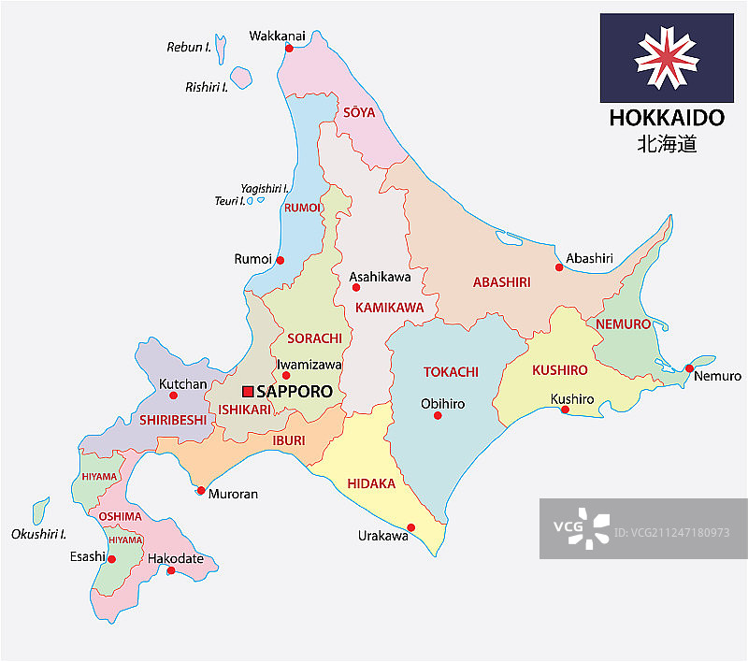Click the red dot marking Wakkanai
point(289,48)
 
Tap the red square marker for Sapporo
point(248,391)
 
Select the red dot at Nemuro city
point(688,367)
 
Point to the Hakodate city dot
point(170,570)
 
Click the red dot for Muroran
point(200,490)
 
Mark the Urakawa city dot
point(410,526)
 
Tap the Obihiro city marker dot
point(438,415)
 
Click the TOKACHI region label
point(451,372)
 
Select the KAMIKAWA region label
point(389,307)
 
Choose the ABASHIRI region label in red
point(501,281)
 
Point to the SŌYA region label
point(358,112)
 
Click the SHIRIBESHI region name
point(173,420)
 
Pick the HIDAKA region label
point(371,483)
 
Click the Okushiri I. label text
point(38,534)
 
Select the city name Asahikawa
point(380,277)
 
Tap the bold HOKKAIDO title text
point(667,119)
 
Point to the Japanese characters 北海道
point(667,144)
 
